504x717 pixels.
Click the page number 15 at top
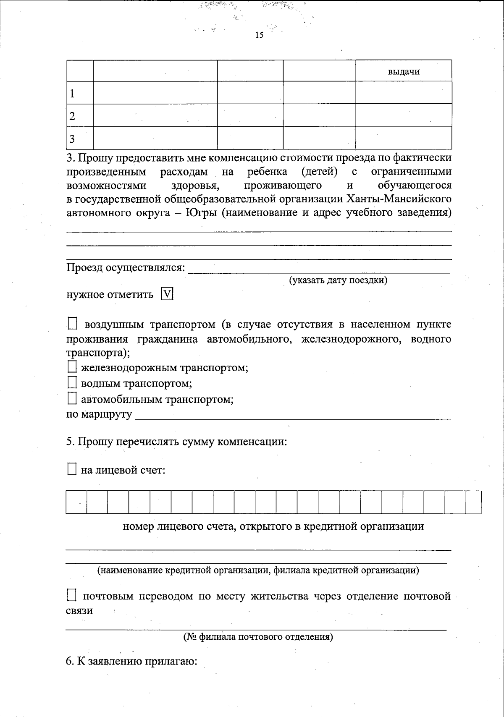click(x=259, y=35)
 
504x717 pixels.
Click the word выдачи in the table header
click(x=404, y=72)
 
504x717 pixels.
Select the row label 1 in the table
click(x=73, y=93)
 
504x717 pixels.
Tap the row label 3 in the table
click(x=72, y=139)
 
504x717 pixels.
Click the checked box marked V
click(x=167, y=294)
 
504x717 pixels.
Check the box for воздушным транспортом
click(x=73, y=324)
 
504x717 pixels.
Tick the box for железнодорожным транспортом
click(x=73, y=368)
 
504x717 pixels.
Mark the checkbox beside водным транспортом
click(x=73, y=383)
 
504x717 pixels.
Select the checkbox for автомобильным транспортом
click(x=73, y=399)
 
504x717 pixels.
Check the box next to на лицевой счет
click(x=73, y=470)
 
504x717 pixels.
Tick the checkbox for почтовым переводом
click(x=73, y=596)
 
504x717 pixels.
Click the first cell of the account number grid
click(x=76, y=502)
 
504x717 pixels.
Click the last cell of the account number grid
click(x=473, y=502)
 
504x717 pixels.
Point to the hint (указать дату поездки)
click(x=338, y=280)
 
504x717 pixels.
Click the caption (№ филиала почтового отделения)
click(x=258, y=637)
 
